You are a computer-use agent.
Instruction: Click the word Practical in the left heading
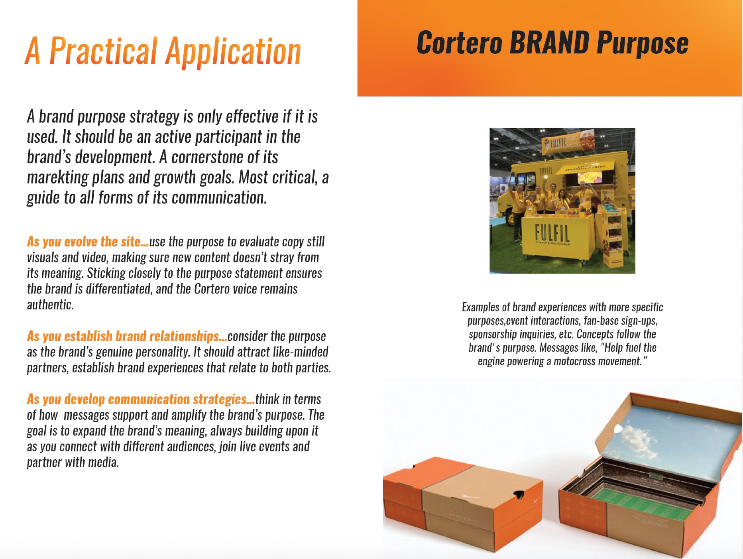click(x=104, y=51)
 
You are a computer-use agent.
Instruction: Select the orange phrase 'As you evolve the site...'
click(x=88, y=242)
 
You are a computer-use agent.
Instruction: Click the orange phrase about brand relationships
click(x=127, y=336)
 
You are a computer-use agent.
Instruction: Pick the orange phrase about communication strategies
click(x=141, y=399)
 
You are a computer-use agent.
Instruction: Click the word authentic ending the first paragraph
click(x=50, y=305)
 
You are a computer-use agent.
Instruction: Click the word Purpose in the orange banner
click(x=643, y=43)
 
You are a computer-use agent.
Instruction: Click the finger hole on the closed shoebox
click(x=519, y=494)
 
